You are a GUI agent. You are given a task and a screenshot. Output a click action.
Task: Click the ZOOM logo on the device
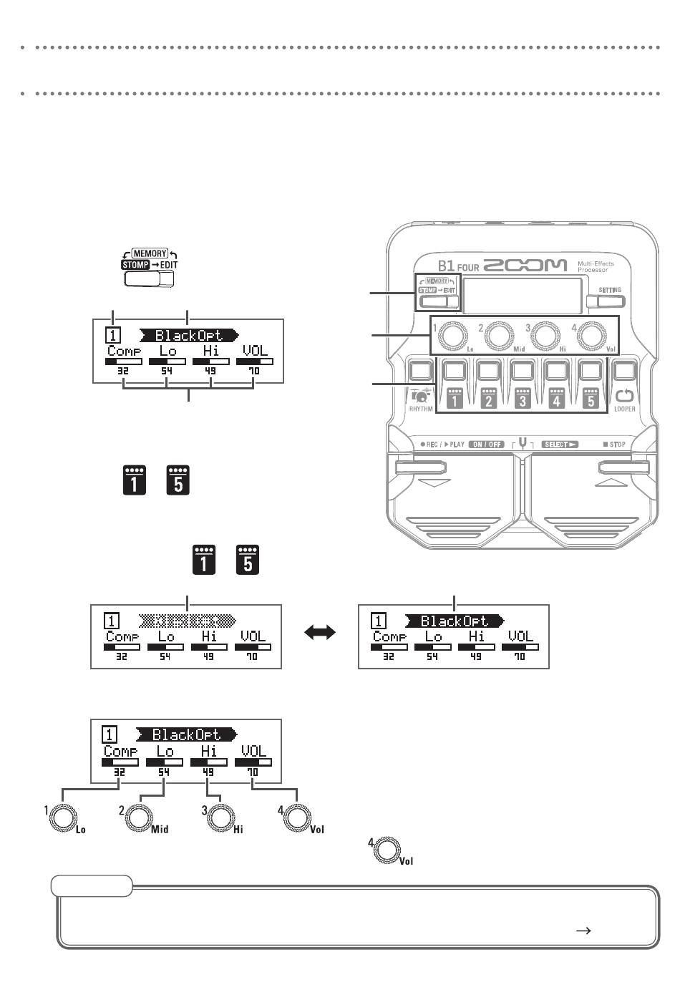click(525, 266)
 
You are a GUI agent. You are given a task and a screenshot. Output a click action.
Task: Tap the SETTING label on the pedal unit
click(610, 290)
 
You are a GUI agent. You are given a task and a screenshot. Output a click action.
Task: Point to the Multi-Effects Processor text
click(596, 267)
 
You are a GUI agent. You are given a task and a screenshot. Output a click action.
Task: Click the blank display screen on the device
click(520, 294)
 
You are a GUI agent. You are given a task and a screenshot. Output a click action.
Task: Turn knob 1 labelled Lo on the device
click(452, 334)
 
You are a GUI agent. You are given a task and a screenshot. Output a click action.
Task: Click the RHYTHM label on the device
click(421, 409)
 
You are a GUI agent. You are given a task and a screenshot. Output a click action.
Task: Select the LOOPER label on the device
click(624, 409)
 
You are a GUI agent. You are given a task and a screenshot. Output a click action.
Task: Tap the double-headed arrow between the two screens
click(320, 633)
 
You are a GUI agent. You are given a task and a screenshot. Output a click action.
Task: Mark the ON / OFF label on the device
click(487, 445)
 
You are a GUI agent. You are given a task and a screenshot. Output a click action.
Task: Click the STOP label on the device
click(614, 445)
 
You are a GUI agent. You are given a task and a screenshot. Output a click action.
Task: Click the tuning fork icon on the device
click(523, 443)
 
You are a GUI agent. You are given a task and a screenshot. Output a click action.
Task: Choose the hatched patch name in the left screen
click(186, 621)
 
